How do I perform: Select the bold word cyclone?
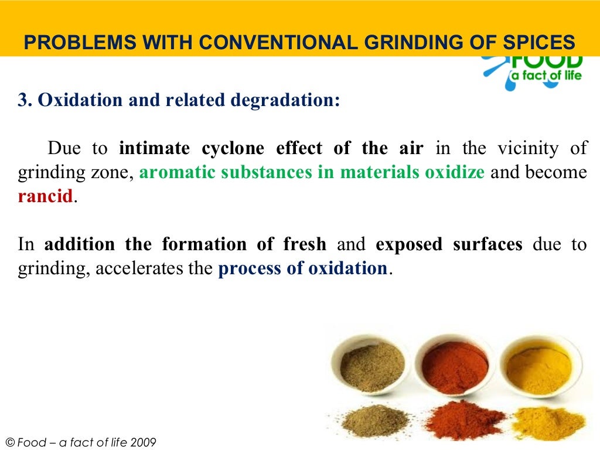[x=233, y=148]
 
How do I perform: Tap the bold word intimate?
[x=154, y=148]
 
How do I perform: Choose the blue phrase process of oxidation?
[x=302, y=268]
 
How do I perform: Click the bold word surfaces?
[x=487, y=244]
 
